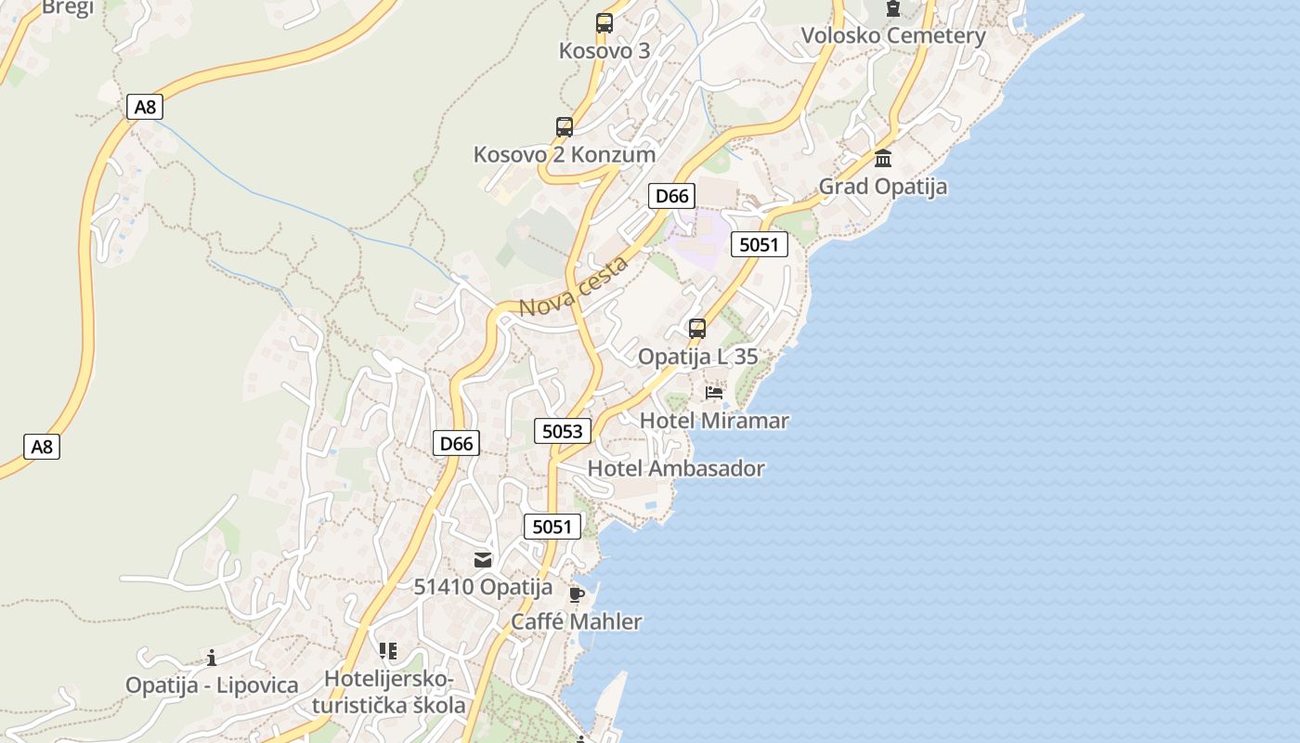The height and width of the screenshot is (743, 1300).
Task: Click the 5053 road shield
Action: (563, 430)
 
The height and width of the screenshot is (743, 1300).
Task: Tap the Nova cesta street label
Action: (574, 285)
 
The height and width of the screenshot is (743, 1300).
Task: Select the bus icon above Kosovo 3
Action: (604, 23)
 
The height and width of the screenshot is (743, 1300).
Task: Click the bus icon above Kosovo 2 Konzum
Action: (565, 127)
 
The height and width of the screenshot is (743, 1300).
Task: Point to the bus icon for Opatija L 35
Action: (697, 329)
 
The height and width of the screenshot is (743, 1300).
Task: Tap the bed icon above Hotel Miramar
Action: (714, 393)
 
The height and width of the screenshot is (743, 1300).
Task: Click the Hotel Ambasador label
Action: (676, 468)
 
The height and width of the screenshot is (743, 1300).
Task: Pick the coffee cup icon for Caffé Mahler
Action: (577, 594)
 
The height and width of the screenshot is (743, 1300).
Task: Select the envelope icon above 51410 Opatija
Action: (483, 559)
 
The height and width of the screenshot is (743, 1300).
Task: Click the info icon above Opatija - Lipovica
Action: (212, 658)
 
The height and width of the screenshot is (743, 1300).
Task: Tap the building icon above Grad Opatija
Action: (883, 159)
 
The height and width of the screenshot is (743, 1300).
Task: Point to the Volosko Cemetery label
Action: (893, 36)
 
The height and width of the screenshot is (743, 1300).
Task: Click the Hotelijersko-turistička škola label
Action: (389, 693)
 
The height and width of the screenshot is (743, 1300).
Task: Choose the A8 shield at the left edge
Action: (42, 447)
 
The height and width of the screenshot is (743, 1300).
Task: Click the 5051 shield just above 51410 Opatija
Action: (552, 527)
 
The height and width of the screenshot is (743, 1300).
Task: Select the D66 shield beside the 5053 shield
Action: (456, 443)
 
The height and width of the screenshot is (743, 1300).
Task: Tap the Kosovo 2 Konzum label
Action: (565, 154)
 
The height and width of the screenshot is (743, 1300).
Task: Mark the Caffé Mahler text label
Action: (577, 621)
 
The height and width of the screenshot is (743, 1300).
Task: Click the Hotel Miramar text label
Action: (714, 421)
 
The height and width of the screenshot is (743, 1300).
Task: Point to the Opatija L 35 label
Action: (697, 357)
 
